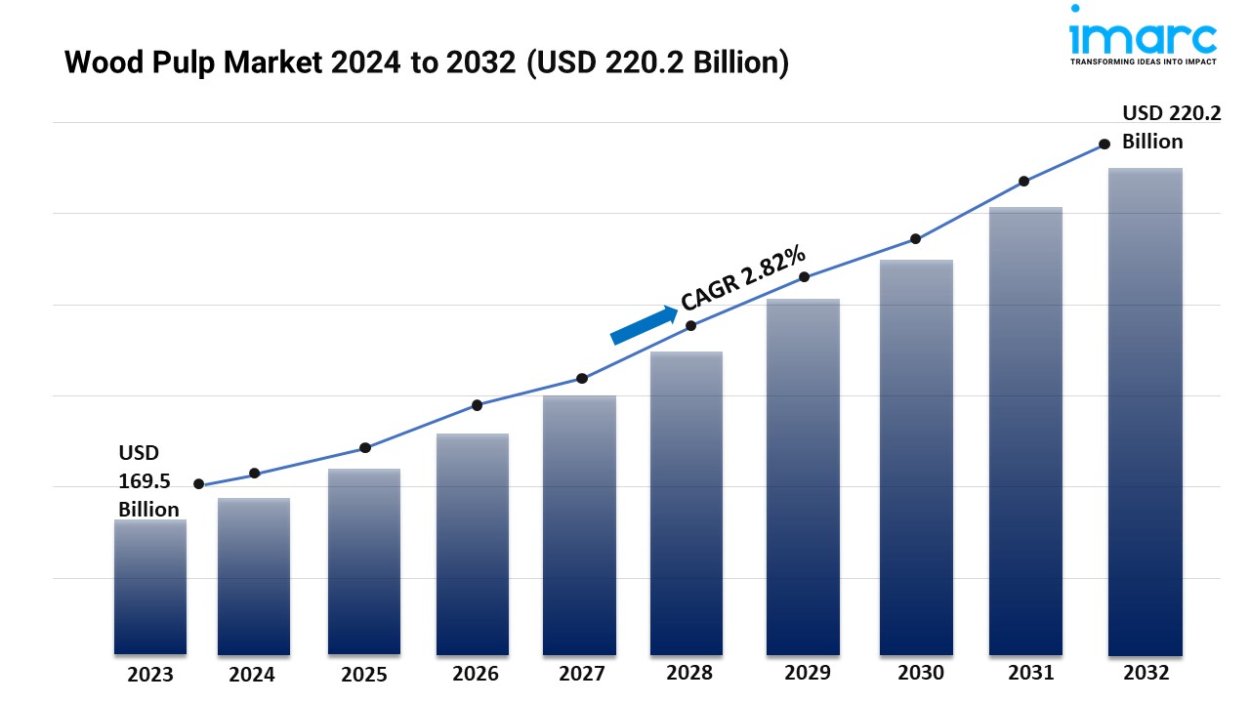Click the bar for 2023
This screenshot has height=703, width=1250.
(149, 587)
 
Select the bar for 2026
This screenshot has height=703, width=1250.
(473, 544)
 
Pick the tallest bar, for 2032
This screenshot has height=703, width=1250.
(1145, 411)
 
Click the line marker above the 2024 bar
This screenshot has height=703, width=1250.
(255, 474)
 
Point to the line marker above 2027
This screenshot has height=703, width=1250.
(582, 378)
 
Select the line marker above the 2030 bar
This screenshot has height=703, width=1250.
(915, 238)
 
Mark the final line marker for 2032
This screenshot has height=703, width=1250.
(1104, 144)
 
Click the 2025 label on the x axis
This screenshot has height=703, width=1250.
(363, 675)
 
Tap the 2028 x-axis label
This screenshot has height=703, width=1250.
(689, 673)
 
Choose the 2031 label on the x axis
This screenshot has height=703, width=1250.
(1031, 673)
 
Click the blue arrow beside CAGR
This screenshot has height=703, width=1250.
(644, 325)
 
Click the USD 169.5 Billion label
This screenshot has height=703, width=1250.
(148, 480)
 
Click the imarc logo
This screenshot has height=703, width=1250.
(1144, 35)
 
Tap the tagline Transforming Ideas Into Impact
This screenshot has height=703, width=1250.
(1144, 62)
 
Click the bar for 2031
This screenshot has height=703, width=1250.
(1025, 431)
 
